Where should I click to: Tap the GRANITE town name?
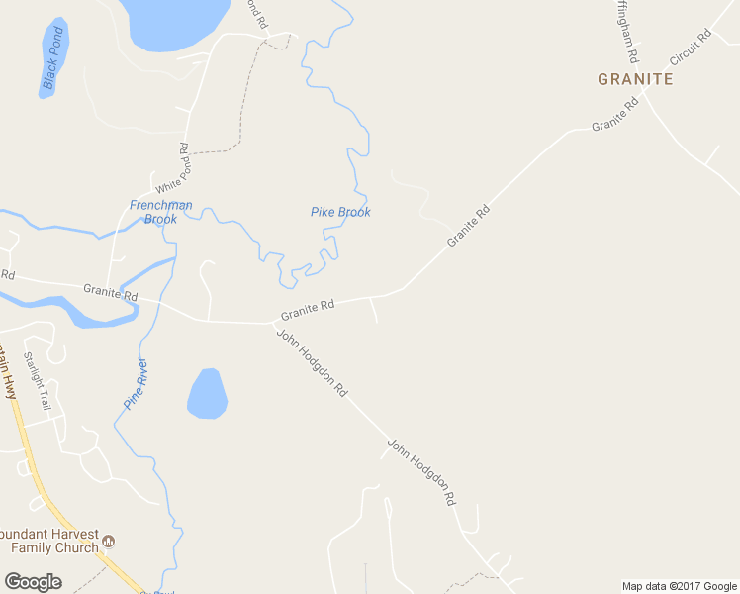click(x=635, y=79)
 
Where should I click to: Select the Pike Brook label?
click(x=340, y=212)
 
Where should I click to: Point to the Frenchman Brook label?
click(x=160, y=212)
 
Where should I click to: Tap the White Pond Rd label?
click(x=170, y=168)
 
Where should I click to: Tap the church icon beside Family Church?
click(x=109, y=542)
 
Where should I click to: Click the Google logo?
click(x=33, y=582)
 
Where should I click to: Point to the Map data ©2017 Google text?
click(x=679, y=586)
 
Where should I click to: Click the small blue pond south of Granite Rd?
click(x=207, y=394)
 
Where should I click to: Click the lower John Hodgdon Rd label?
click(x=422, y=473)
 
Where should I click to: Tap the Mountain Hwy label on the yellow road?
click(x=9, y=371)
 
